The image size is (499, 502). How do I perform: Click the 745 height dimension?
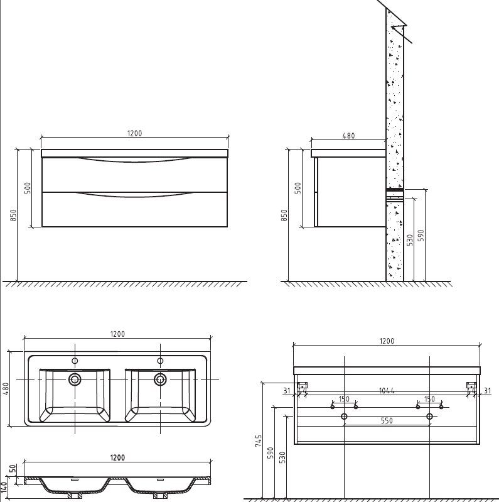click(259, 440)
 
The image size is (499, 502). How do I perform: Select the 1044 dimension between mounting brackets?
click(387, 391)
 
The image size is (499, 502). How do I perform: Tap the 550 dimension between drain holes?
click(387, 420)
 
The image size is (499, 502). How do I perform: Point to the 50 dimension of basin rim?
click(13, 468)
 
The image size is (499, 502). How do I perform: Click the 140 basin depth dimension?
click(4, 487)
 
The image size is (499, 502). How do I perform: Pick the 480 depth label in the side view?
click(348, 136)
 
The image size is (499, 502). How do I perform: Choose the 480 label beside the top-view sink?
click(6, 389)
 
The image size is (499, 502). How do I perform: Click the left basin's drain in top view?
click(75, 379)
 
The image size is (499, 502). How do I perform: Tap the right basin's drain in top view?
click(160, 379)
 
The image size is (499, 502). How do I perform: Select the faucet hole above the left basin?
click(75, 361)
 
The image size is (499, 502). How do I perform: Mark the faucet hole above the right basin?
click(160, 361)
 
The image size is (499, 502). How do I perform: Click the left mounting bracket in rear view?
click(303, 387)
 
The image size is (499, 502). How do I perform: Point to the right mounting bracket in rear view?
click(471, 387)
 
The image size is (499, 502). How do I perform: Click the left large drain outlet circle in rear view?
click(344, 416)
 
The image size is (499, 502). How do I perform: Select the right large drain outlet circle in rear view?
click(429, 416)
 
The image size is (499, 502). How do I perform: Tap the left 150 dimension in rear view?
click(344, 399)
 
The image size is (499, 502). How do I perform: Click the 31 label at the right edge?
click(487, 391)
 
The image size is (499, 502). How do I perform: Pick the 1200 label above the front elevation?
click(135, 133)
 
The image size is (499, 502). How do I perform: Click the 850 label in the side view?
click(284, 215)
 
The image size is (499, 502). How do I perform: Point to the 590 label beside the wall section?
click(421, 236)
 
